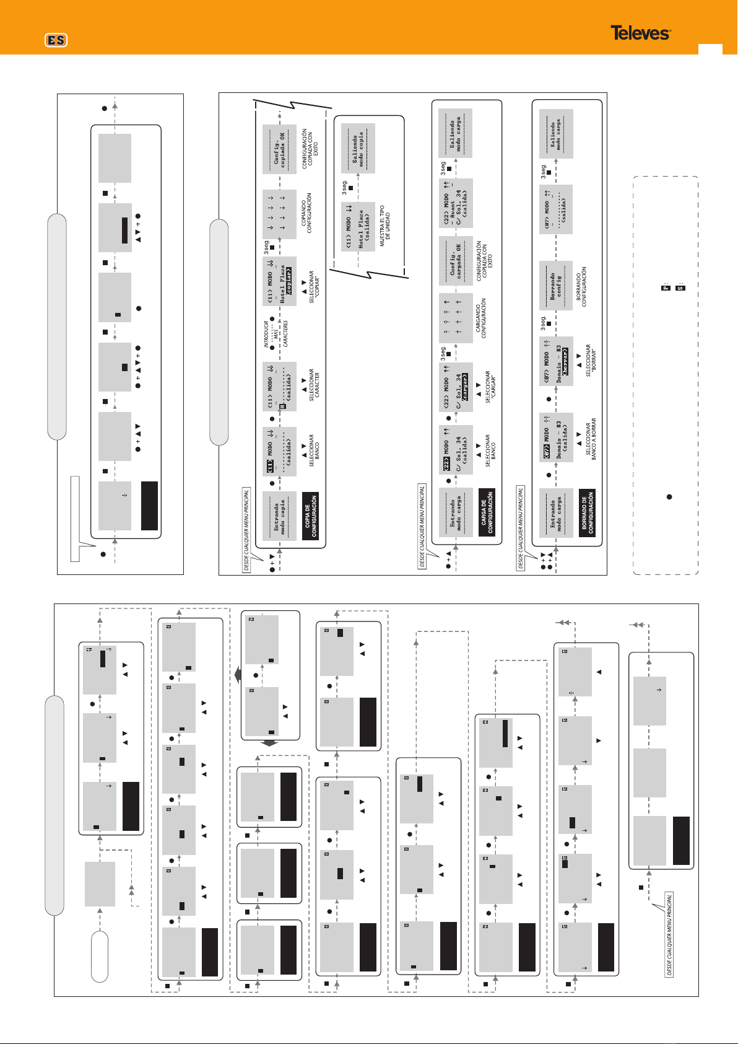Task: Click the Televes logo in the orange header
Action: (x=640, y=33)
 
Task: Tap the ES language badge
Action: (x=56, y=40)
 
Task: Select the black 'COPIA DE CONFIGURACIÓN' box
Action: (x=311, y=515)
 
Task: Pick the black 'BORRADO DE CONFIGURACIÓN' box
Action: (x=587, y=512)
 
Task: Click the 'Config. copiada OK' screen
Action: (x=279, y=149)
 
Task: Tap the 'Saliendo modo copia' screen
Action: (x=358, y=148)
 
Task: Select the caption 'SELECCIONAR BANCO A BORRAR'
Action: (x=591, y=440)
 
